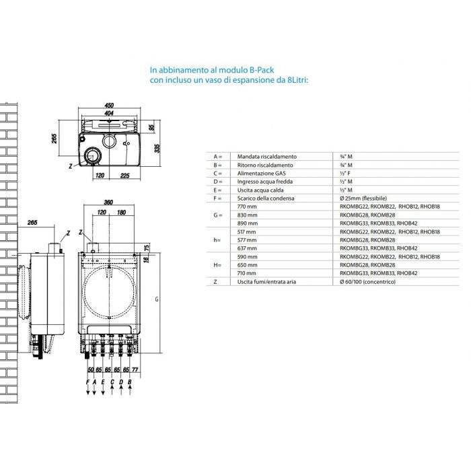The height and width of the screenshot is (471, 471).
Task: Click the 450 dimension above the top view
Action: (109, 105)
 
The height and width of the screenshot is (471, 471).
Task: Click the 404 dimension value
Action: (109, 113)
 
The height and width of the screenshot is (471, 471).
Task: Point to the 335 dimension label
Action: (157, 149)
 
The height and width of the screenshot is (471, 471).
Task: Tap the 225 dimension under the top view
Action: (124, 176)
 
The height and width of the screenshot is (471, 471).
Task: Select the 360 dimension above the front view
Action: (108, 202)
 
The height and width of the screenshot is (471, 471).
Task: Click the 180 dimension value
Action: (121, 213)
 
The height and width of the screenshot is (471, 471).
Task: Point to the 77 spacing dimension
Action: (135, 369)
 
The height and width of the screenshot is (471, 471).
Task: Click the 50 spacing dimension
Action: (90, 369)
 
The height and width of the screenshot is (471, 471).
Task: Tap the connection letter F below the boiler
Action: (87, 382)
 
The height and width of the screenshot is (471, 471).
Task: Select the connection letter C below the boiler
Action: (112, 382)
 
